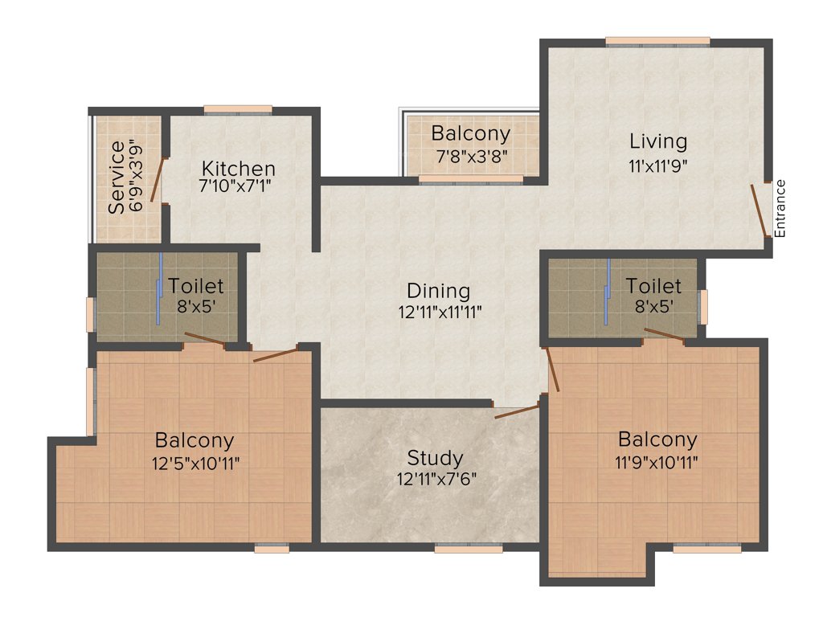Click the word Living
tap(658, 141)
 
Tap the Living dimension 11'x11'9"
tap(658, 165)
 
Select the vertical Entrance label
tap(780, 208)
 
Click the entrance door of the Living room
tap(759, 210)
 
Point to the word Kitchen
tap(238, 169)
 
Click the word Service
tap(117, 177)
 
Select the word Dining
tap(438, 290)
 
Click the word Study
tap(435, 458)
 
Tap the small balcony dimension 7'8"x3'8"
tap(470, 157)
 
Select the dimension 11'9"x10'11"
tap(657, 462)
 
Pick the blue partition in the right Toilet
tap(608, 292)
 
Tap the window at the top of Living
tap(657, 41)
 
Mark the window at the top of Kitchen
tap(237, 109)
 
